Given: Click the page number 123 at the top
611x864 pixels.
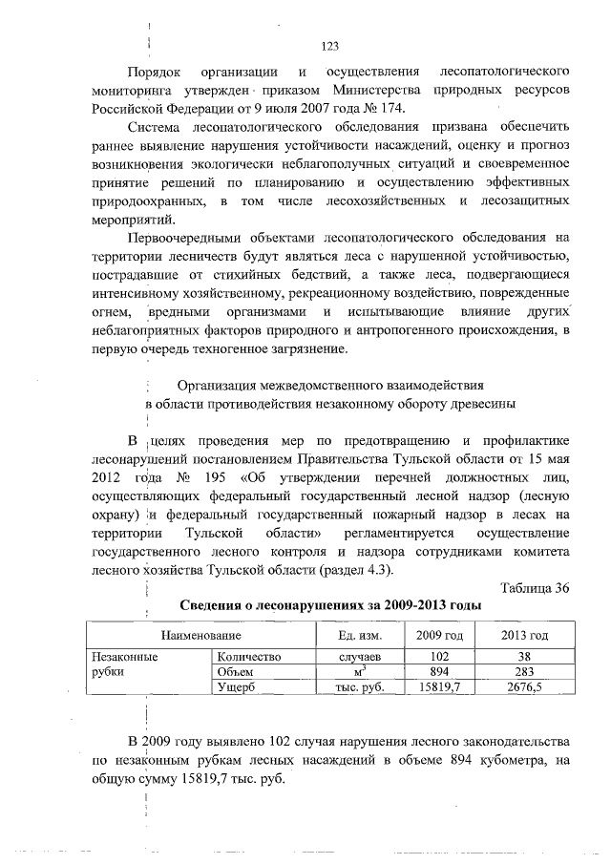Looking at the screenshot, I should point(330,46).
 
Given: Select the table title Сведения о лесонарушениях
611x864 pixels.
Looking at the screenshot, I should point(330,606).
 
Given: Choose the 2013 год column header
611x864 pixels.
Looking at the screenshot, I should point(524,635).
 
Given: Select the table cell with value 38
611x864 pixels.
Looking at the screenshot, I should point(524,657).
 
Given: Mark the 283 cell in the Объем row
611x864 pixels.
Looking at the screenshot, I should point(524,671).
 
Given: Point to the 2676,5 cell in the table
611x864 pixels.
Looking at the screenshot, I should point(524,686).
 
